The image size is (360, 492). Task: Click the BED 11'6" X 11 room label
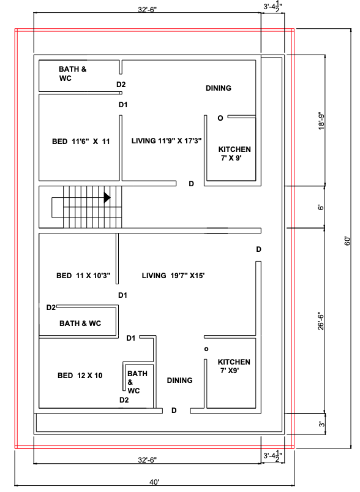tap(81, 142)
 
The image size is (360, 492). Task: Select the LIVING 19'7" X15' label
tap(173, 276)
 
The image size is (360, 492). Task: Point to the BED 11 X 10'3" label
tap(83, 276)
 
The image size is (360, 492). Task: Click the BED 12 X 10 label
tap(80, 376)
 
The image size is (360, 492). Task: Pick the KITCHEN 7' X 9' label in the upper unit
tap(234, 153)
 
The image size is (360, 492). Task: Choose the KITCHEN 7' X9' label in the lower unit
tap(234, 366)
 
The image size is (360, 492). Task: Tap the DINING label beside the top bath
tap(219, 88)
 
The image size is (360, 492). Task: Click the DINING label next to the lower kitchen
tap(179, 380)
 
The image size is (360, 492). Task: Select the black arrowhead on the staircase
tap(107, 197)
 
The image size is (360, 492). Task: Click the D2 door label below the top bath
tap(121, 85)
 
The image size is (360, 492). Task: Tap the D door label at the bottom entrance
tap(174, 410)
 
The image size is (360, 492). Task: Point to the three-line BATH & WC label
tap(137, 382)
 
